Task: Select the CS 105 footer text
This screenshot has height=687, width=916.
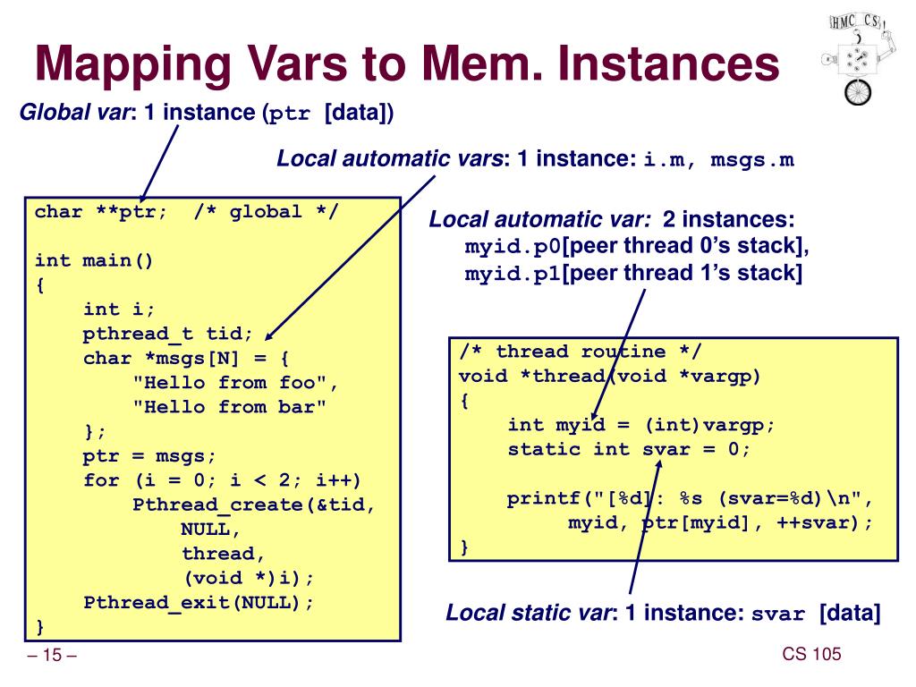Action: [x=811, y=655]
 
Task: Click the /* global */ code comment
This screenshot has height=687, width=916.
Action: [x=266, y=213]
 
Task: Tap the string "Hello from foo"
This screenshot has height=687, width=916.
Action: [x=236, y=383]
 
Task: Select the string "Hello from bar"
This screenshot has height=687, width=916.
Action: [x=230, y=407]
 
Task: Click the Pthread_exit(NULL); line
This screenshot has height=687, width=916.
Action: [x=199, y=601]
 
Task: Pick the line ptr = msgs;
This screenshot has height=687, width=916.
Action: [x=149, y=455]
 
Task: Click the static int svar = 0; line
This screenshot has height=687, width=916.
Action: [x=629, y=449]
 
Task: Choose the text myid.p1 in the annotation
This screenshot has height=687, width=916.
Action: [x=513, y=273]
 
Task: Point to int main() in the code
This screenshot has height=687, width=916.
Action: [x=94, y=261]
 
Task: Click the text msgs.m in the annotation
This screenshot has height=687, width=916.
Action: [x=752, y=160]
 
